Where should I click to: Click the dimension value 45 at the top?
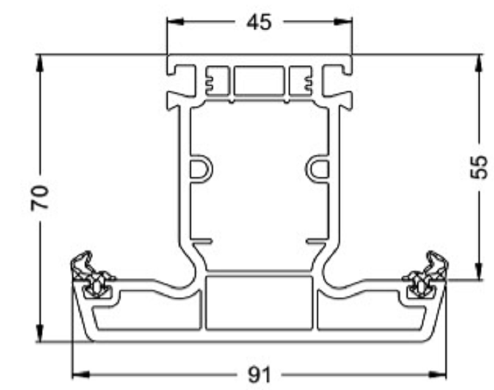259,22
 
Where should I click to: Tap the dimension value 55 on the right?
478,167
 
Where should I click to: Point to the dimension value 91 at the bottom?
260,374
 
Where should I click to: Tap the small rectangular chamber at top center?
259,81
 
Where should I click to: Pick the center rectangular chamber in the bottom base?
259,303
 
